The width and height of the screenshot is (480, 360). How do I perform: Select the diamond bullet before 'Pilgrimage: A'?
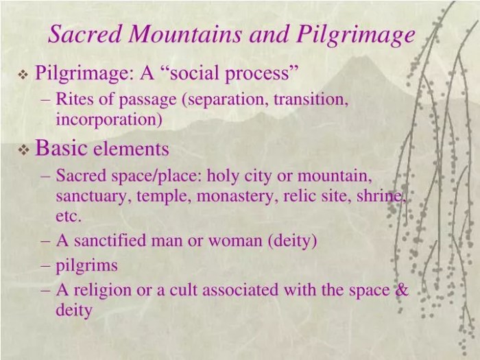(22, 73)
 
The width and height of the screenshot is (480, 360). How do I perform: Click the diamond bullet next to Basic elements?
(22, 149)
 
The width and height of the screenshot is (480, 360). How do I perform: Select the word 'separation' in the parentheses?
(226, 99)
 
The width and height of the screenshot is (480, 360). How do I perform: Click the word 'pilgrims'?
(87, 265)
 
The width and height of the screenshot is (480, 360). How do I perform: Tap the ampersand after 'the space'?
(400, 289)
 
